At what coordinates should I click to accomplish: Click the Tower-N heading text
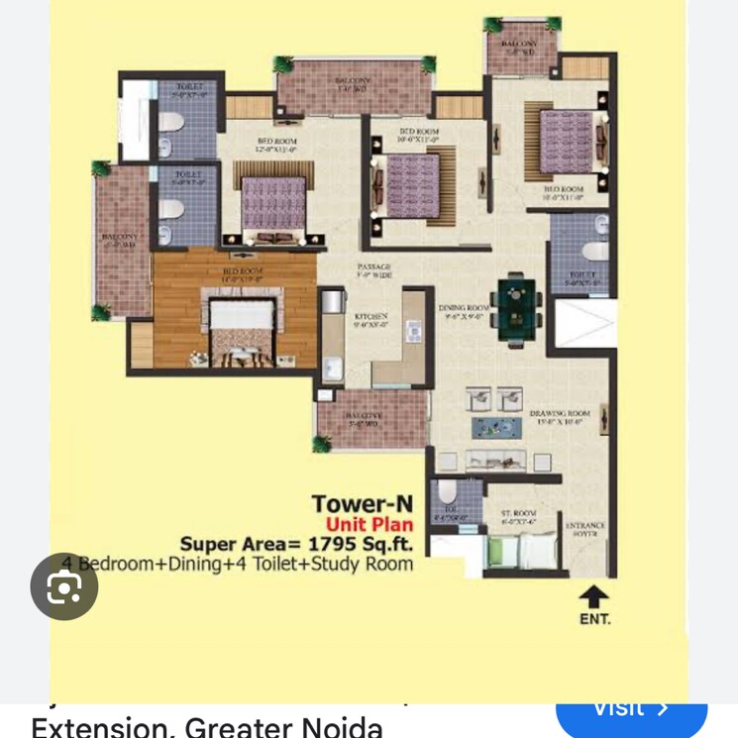(363, 505)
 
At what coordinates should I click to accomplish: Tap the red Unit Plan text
(369, 524)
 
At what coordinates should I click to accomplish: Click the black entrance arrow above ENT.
(594, 596)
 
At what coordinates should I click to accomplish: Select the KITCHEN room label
(371, 317)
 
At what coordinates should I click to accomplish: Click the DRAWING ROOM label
(560, 417)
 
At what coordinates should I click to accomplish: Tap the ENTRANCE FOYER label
(584, 530)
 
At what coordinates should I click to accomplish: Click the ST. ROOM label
(518, 517)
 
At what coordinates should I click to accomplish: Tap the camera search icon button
(64, 586)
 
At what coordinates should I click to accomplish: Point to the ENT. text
(594, 620)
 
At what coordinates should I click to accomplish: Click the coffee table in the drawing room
(496, 428)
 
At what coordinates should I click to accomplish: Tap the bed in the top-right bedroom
(566, 138)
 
